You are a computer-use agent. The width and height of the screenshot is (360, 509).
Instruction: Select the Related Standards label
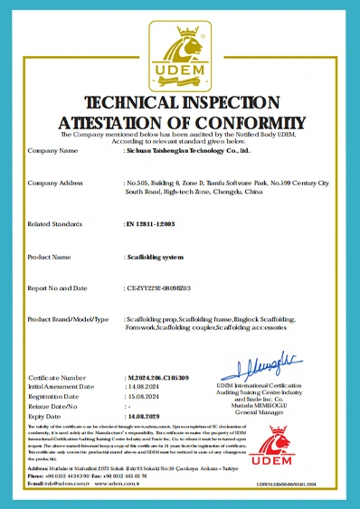(x=58, y=222)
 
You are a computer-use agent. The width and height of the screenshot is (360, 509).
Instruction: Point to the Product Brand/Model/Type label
(x=68, y=320)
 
